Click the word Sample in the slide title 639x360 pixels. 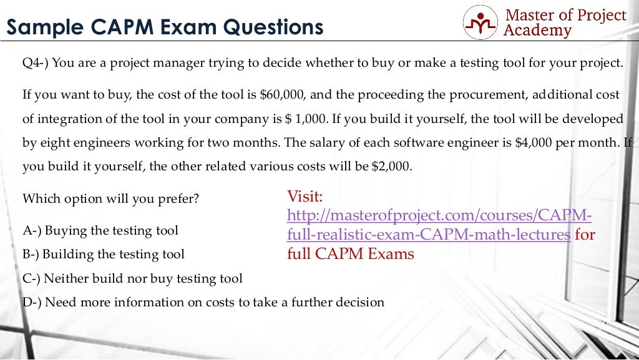pyautogui.click(x=45, y=27)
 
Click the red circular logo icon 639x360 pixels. pyautogui.click(x=480, y=22)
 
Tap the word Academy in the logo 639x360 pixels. pyautogui.click(x=537, y=30)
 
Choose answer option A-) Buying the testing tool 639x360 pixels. pyautogui.click(x=100, y=231)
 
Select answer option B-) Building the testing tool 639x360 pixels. pyautogui.click(x=104, y=255)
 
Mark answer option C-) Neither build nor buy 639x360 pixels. pyautogui.click(x=132, y=279)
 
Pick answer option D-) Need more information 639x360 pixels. pyautogui.click(x=203, y=303)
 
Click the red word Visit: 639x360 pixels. pyautogui.click(x=305, y=197)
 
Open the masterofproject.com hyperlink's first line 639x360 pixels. pyautogui.click(x=439, y=216)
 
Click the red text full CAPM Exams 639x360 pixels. pyautogui.click(x=351, y=254)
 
